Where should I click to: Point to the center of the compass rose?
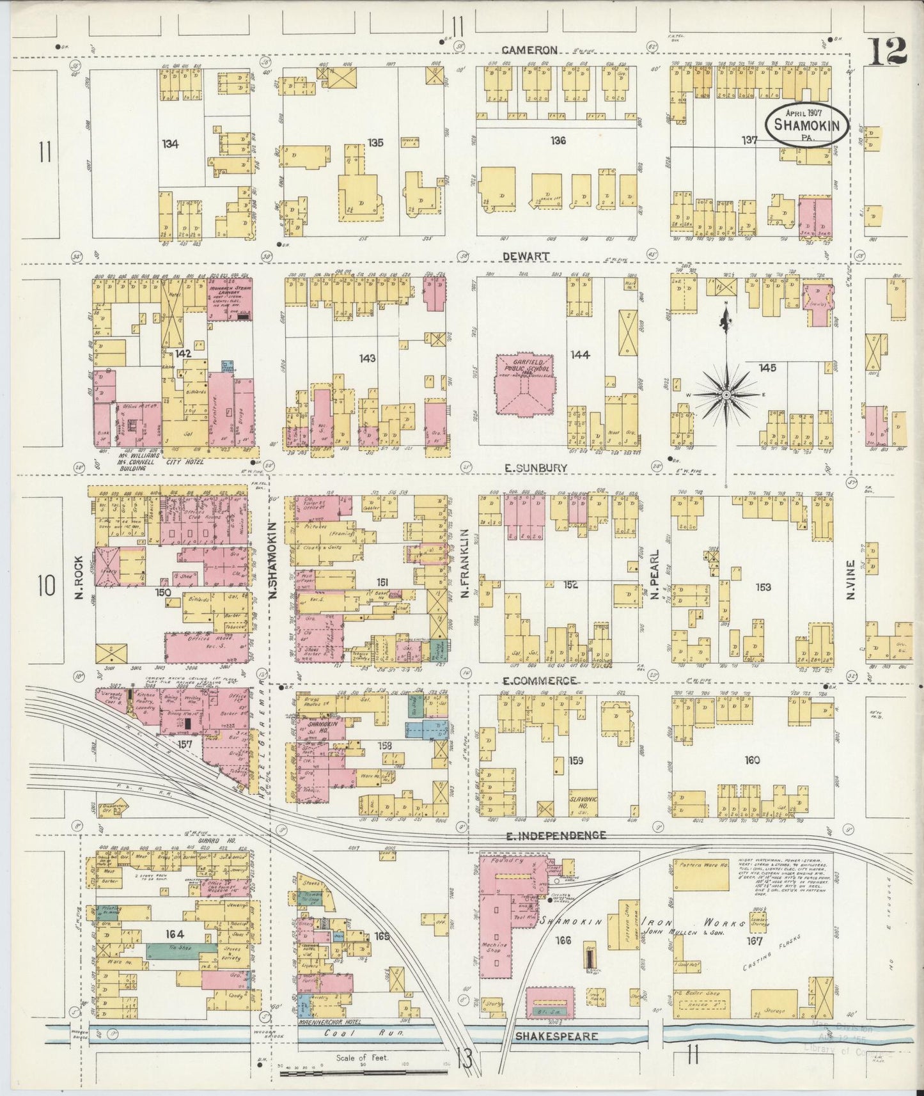pyautogui.click(x=726, y=396)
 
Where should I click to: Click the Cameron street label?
pyautogui.click(x=529, y=49)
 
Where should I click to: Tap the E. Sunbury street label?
pyautogui.click(x=535, y=467)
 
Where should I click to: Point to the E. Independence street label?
pyautogui.click(x=556, y=835)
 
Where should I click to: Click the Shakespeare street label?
pyautogui.click(x=557, y=1037)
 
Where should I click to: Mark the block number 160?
pyautogui.click(x=752, y=760)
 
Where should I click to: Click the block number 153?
pyautogui.click(x=763, y=586)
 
